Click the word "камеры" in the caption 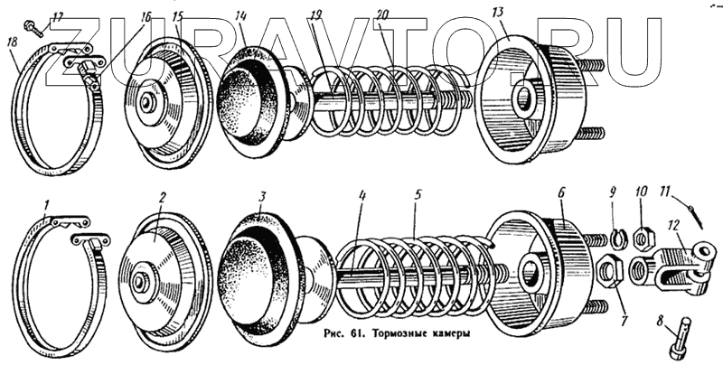coord(449,331)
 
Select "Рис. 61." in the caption coord(342,331)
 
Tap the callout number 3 coord(262,195)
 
